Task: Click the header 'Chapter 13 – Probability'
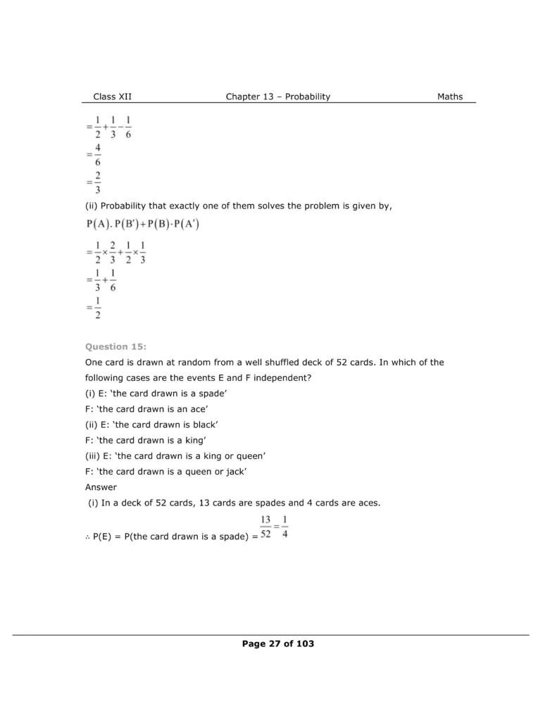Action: pyautogui.click(x=277, y=96)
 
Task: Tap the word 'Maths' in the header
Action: pyautogui.click(x=450, y=96)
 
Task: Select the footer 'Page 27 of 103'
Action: pyautogui.click(x=278, y=644)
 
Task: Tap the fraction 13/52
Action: pyautogui.click(x=265, y=527)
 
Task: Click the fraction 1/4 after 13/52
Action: pyautogui.click(x=284, y=527)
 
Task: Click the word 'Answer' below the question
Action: pyautogui.click(x=101, y=487)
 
